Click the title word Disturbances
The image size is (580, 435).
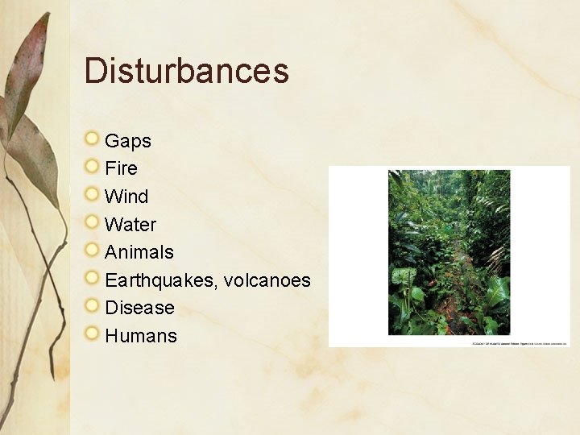186,70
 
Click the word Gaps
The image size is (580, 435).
128,141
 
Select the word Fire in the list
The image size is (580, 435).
122,168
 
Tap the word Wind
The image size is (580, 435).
126,197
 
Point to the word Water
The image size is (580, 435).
130,224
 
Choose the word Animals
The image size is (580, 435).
139,252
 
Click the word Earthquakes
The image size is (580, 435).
161,280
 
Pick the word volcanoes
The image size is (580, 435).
267,280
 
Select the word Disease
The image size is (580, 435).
139,308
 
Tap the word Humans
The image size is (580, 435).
141,336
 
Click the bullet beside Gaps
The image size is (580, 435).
92,139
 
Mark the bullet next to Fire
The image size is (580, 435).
92,168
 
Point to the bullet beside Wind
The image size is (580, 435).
92,195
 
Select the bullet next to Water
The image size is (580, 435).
92,223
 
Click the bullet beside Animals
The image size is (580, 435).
92,251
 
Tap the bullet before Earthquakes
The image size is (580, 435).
92,279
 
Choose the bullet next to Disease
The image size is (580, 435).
92,306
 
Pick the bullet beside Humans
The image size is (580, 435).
92,334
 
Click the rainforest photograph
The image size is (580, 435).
449,252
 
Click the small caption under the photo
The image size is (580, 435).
520,342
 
